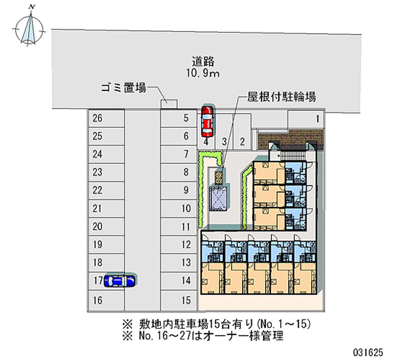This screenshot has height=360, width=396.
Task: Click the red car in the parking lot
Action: click(x=207, y=121)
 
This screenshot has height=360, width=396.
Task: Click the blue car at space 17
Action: click(x=120, y=281)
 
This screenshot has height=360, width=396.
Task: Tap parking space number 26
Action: click(x=98, y=118)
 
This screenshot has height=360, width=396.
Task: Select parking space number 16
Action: click(x=98, y=300)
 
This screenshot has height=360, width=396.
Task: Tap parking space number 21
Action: click(x=98, y=208)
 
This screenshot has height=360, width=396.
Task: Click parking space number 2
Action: click(x=242, y=142)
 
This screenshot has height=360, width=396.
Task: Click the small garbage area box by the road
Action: click(x=169, y=103)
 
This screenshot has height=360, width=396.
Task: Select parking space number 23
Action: click(x=98, y=172)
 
